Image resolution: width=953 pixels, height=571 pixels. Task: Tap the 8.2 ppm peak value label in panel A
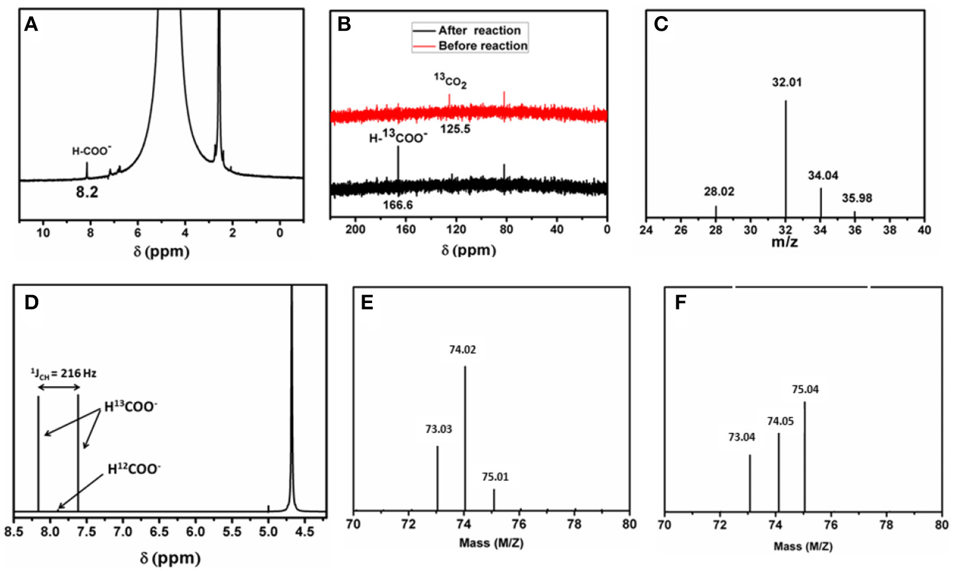click(87, 193)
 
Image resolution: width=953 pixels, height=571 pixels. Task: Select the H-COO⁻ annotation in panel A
click(92, 151)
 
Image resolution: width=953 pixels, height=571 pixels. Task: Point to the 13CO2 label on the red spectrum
click(450, 80)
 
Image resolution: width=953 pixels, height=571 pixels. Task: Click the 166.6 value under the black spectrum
click(397, 205)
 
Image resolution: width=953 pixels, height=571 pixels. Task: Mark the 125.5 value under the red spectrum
click(455, 129)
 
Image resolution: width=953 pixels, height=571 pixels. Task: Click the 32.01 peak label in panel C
click(787, 83)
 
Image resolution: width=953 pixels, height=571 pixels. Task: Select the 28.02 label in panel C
click(719, 192)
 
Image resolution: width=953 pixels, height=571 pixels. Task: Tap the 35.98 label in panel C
click(857, 198)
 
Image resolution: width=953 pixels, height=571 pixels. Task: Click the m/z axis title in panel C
click(784, 242)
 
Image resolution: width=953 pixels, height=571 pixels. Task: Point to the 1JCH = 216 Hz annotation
click(63, 373)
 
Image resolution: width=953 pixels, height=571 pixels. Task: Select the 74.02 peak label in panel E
click(462, 350)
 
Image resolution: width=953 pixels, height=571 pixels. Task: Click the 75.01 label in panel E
click(495, 477)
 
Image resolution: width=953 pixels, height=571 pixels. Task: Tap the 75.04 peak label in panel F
click(805, 389)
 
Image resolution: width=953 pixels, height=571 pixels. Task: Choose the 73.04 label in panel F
click(742, 437)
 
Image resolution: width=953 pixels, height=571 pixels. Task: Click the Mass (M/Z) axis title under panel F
click(803, 546)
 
